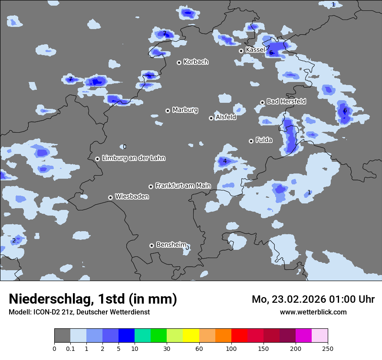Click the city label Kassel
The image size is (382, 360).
coord(255,50)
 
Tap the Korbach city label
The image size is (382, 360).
coord(196,62)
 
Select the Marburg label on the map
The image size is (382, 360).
coord(185,110)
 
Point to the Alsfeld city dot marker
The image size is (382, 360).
coord(211,118)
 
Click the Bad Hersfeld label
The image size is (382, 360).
coord(286,101)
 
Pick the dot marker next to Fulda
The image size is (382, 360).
coord(251,141)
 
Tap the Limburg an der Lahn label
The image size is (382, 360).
coord(134,158)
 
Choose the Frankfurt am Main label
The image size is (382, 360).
coord(183,186)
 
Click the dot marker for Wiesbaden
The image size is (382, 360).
coord(111,197)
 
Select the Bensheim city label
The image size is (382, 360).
coord(171,245)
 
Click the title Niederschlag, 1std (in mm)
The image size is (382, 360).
coord(93,299)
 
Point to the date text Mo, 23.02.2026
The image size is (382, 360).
coord(289,299)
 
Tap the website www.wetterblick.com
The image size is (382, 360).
coord(313,312)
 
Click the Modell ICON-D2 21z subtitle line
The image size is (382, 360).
coord(79,312)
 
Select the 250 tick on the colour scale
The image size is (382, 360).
coord(328,349)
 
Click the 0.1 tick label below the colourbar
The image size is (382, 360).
coord(70,349)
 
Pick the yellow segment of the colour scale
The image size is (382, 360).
coord(191,336)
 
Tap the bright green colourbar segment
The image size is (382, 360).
coord(159,336)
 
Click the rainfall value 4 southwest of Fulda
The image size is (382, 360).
coord(225,161)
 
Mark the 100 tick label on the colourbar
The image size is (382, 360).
coord(231,349)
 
